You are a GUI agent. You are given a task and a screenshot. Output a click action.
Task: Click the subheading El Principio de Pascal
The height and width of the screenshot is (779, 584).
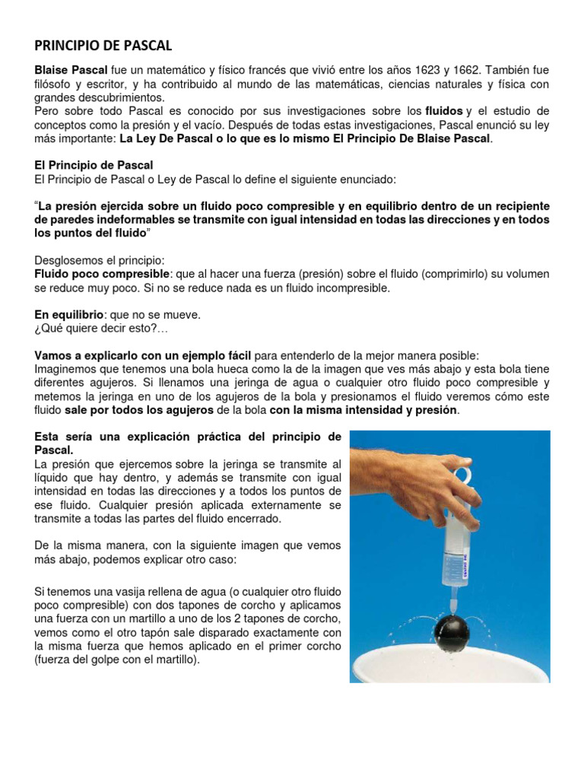(x=94, y=165)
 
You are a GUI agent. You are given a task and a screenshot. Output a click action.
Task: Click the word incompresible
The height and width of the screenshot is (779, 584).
(x=350, y=288)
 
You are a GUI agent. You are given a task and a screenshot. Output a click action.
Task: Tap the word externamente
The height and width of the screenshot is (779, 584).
(x=272, y=506)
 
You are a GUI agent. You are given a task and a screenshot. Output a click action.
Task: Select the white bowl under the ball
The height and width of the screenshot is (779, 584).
(x=456, y=669)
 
